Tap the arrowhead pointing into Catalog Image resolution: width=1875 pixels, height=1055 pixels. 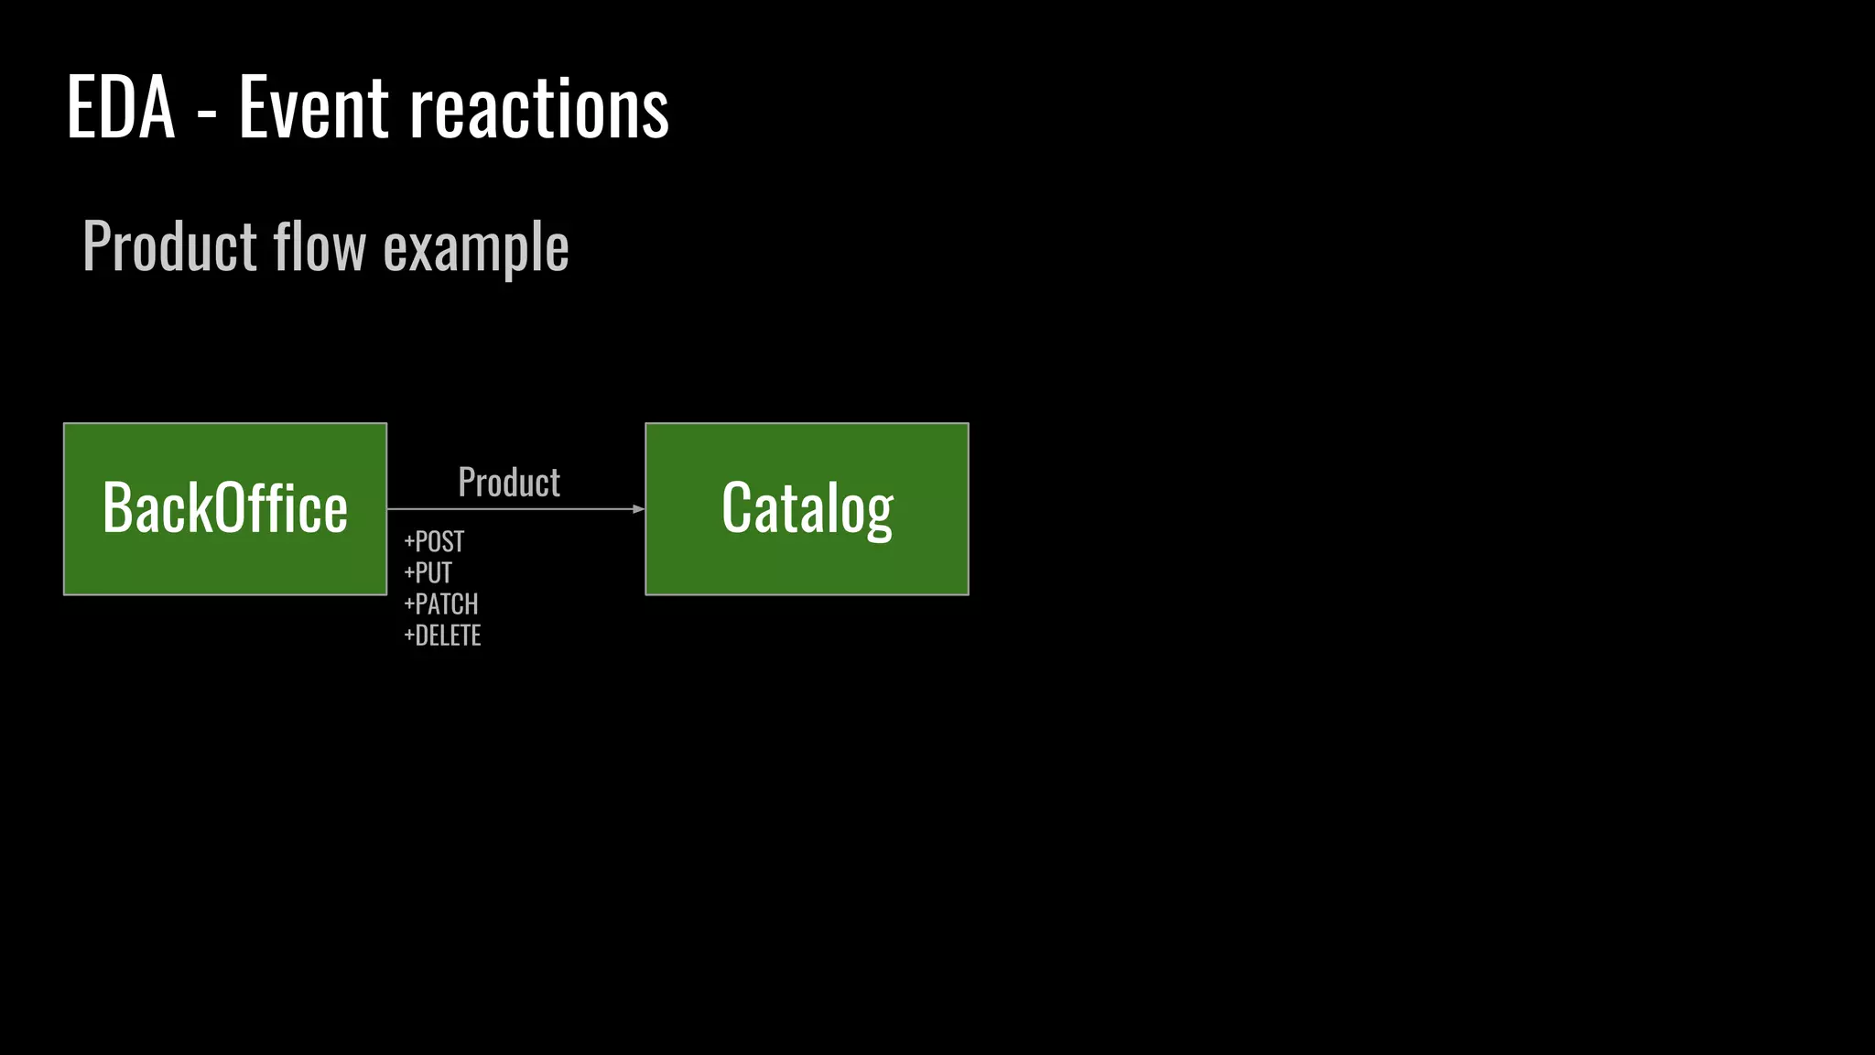[638, 509]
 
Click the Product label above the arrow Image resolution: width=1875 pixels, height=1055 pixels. [509, 483]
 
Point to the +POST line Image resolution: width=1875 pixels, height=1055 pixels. [434, 542]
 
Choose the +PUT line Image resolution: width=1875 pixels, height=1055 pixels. [428, 573]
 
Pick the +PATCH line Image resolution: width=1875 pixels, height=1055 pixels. [441, 604]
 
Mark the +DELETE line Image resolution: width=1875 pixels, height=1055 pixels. [443, 636]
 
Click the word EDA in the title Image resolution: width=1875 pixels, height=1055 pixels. [121, 108]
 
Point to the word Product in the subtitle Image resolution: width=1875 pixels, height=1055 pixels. [170, 246]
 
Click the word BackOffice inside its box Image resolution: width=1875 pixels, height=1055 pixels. [225, 508]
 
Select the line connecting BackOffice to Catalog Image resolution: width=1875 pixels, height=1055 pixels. [513, 509]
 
